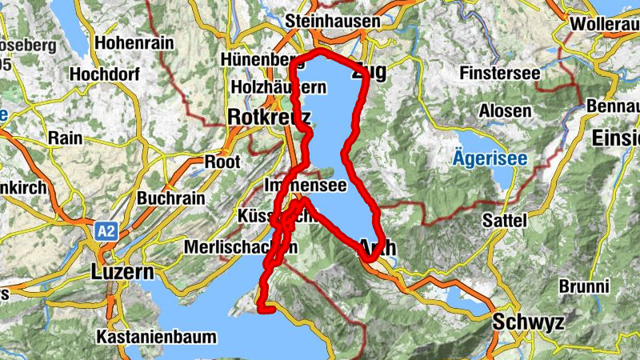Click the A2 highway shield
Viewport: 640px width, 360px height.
[106, 232]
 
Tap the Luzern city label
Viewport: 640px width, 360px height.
[122, 271]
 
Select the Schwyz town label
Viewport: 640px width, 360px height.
[529, 322]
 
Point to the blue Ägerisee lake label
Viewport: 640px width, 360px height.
[490, 158]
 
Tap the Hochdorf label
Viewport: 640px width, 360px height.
[105, 74]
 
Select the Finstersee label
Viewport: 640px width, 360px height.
[501, 74]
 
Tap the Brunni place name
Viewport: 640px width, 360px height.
[585, 286]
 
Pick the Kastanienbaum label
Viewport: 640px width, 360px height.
[155, 337]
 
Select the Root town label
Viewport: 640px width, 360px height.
[222, 162]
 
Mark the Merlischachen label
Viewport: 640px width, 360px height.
[234, 248]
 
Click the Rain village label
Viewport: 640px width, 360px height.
[65, 138]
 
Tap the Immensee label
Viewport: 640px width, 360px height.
[305, 186]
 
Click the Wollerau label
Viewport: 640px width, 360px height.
[605, 24]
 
